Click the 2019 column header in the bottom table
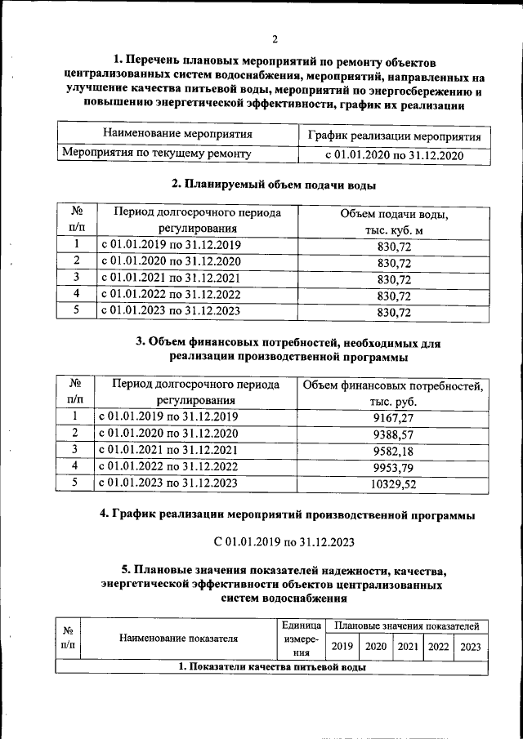coord(342,646)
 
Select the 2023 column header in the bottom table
coord(470,646)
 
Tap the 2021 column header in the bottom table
coord(407,646)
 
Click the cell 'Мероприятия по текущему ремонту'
coord(157,153)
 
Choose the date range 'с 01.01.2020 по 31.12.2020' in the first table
coord(395,154)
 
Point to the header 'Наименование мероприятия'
coord(177,134)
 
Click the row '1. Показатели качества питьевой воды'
coord(272,667)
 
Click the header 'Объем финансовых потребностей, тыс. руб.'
coord(394,393)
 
